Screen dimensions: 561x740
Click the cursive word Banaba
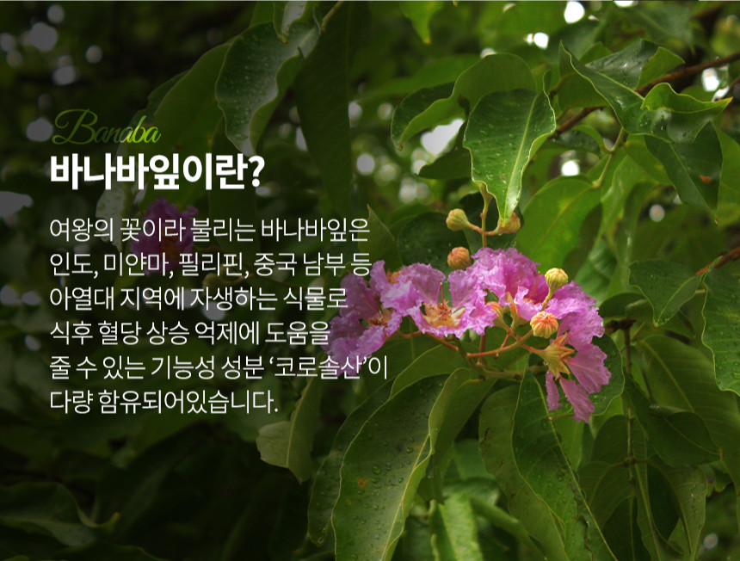click(106, 129)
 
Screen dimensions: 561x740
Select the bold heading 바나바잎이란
click(147, 170)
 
